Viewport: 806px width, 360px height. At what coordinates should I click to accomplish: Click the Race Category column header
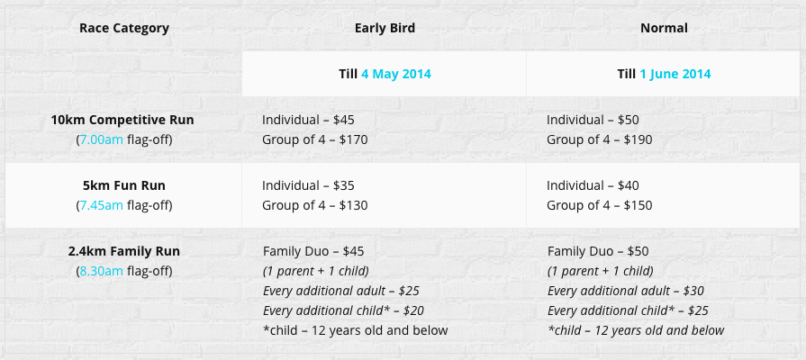pyautogui.click(x=124, y=28)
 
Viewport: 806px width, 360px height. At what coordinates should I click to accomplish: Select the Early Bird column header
pyautogui.click(x=385, y=28)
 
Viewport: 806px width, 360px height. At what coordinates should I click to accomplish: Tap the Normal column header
pyautogui.click(x=664, y=28)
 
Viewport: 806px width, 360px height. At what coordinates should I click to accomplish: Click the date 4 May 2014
pyautogui.click(x=396, y=74)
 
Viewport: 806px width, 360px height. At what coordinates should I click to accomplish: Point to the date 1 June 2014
pyautogui.click(x=675, y=74)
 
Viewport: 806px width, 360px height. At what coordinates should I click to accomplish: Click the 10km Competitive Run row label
pyautogui.click(x=122, y=121)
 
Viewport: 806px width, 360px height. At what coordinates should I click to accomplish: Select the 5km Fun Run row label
pyautogui.click(x=124, y=185)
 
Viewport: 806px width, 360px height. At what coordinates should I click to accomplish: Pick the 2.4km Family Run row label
pyautogui.click(x=124, y=252)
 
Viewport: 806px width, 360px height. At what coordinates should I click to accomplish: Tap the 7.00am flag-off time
pyautogui.click(x=101, y=139)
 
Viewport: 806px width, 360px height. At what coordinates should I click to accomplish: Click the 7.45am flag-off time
pyautogui.click(x=101, y=205)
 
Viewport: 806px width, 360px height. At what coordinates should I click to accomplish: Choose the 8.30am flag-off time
pyautogui.click(x=101, y=271)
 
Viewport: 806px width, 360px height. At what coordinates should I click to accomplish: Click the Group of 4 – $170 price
pyautogui.click(x=315, y=139)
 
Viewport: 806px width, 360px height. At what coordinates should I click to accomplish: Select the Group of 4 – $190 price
pyautogui.click(x=600, y=139)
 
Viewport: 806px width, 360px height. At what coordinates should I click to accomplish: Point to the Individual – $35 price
pyautogui.click(x=308, y=185)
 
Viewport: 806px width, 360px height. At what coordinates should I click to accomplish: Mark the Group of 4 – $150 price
pyautogui.click(x=600, y=205)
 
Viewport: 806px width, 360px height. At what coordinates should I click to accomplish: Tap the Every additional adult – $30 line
pyautogui.click(x=626, y=292)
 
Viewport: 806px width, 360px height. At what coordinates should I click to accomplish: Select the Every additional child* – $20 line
pyautogui.click(x=343, y=310)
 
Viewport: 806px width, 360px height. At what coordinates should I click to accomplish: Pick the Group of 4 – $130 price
pyautogui.click(x=315, y=205)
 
